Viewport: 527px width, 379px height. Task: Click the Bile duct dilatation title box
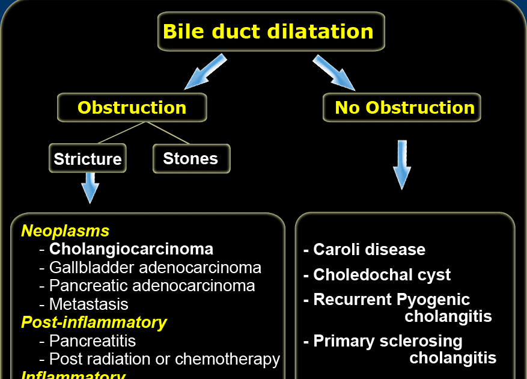(x=270, y=31)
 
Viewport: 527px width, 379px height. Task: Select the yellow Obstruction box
(x=132, y=108)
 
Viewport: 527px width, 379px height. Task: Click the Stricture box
(x=88, y=159)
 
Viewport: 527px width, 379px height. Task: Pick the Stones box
(x=190, y=159)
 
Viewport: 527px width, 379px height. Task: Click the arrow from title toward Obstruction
(x=206, y=72)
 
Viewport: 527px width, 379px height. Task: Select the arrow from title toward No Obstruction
(x=334, y=72)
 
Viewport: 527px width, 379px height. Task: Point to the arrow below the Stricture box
(x=90, y=187)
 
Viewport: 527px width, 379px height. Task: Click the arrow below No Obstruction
(x=402, y=164)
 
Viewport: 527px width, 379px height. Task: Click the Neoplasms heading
(x=65, y=231)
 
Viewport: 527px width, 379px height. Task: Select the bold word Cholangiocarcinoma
(x=131, y=249)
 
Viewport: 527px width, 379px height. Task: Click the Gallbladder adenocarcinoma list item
(x=155, y=267)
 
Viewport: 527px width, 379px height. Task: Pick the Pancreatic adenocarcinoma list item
(x=152, y=286)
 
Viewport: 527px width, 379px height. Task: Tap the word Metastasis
(x=88, y=304)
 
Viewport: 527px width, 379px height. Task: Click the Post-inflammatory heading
(x=94, y=322)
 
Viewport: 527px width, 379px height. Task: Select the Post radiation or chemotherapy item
(x=164, y=360)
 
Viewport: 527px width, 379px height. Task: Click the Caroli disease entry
(x=368, y=250)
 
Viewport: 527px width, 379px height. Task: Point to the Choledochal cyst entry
(x=382, y=275)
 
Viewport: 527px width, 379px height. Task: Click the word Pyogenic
(x=433, y=300)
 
